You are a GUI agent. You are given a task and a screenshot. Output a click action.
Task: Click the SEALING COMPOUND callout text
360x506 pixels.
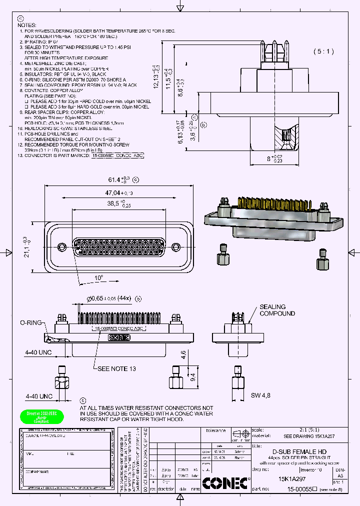click(276, 310)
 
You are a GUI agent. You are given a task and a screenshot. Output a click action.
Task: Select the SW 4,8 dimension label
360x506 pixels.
click(260, 395)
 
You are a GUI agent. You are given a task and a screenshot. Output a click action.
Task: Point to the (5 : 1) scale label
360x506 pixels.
click(323, 51)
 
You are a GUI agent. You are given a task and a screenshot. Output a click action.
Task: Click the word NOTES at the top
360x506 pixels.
click(27, 24)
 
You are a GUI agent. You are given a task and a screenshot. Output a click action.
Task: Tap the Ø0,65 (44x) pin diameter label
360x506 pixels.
click(108, 298)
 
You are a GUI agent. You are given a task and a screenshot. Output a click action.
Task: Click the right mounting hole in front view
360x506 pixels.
click(175, 247)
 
